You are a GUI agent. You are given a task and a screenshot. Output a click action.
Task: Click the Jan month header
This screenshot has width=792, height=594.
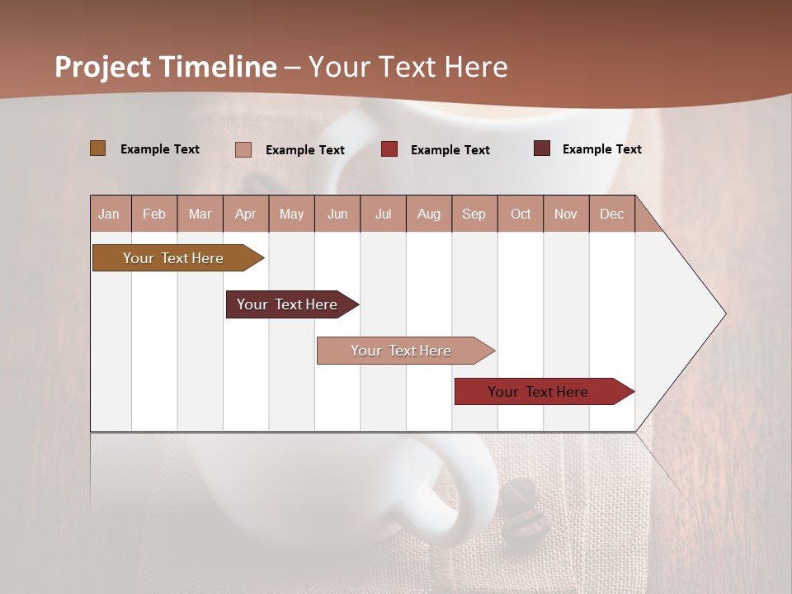pos(110,214)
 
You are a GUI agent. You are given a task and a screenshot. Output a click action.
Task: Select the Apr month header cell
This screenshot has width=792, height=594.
pos(246,214)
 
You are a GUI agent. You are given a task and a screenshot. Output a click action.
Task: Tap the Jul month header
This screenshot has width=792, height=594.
pos(383,214)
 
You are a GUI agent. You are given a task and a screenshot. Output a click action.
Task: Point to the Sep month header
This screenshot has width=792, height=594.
pos(474,214)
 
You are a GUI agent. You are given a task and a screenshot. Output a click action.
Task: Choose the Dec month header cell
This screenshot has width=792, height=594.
pos(611,214)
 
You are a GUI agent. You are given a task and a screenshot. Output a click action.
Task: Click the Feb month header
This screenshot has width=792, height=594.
pos(154,214)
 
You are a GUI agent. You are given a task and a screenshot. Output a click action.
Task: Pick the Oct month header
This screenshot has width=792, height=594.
pos(521,214)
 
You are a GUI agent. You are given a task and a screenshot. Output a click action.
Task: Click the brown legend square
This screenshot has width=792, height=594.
pos(97,148)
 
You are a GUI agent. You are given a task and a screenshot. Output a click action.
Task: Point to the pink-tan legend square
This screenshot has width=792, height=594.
pos(243,149)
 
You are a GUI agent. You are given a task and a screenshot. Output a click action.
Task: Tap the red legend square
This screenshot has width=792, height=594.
pos(389,149)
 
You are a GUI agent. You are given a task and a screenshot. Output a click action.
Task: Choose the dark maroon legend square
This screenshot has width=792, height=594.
pos(541,148)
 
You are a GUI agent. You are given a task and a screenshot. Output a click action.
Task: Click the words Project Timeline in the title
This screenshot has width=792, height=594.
pos(166,67)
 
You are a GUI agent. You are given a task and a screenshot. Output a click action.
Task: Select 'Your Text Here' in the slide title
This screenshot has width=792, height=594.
pos(408,67)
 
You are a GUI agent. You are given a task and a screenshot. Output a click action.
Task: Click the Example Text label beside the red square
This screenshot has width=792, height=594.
pos(450,150)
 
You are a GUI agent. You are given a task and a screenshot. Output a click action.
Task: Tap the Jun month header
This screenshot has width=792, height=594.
pos(337,214)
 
